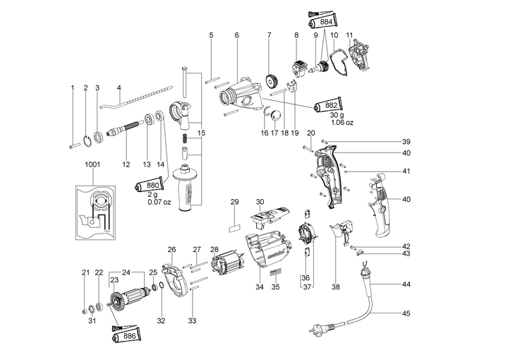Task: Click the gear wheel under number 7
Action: tap(270, 79)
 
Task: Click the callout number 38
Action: tap(336, 287)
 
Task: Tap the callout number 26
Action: tap(171, 249)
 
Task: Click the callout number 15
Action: tap(201, 133)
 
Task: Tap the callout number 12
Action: tap(126, 164)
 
